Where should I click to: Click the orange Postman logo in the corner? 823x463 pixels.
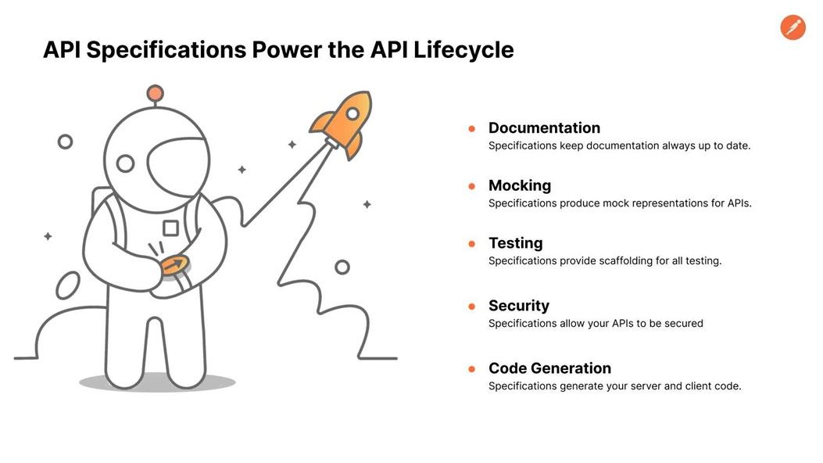[x=793, y=27]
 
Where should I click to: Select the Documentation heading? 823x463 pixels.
[x=544, y=127]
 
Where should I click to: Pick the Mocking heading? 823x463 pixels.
[x=520, y=185]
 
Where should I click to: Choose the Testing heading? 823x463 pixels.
[x=515, y=243]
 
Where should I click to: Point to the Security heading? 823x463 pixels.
[x=518, y=306]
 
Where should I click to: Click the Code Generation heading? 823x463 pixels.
[x=549, y=368]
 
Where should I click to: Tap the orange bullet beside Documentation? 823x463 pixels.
[x=472, y=128]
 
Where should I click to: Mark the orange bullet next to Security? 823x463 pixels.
[x=472, y=307]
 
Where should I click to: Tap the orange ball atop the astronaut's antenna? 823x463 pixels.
[x=155, y=94]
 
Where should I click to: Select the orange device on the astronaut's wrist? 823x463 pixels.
[x=175, y=266]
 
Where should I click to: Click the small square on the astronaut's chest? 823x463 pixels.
[x=170, y=228]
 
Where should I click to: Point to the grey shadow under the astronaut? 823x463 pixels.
[x=157, y=382]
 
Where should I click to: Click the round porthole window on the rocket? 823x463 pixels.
[x=352, y=114]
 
